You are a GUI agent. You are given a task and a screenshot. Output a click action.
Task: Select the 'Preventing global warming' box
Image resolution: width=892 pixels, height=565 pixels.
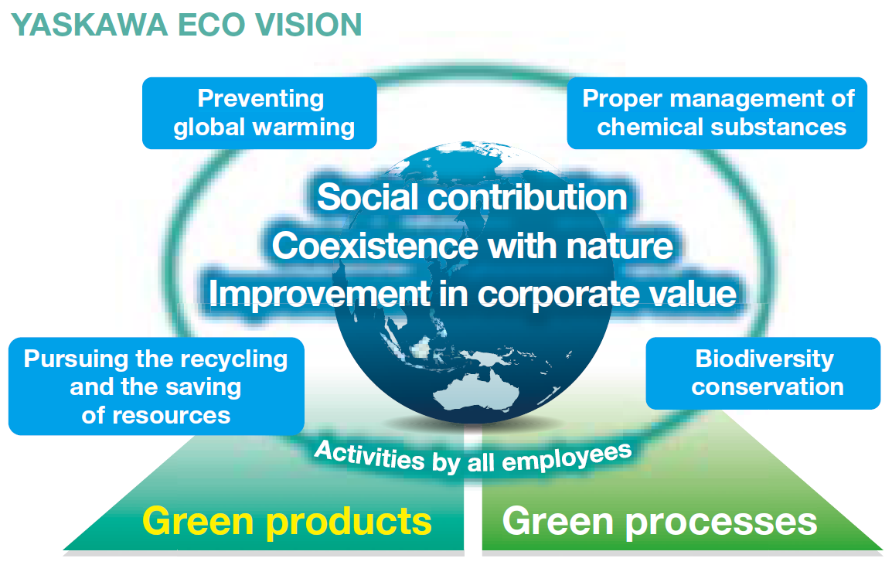click(260, 113)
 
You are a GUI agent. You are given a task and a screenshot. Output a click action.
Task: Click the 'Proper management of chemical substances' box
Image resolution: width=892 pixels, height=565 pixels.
click(717, 113)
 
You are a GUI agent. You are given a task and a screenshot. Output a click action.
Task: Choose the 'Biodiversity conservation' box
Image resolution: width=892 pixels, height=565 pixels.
click(763, 373)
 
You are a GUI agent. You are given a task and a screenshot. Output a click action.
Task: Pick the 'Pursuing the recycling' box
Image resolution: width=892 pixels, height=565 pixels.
click(155, 386)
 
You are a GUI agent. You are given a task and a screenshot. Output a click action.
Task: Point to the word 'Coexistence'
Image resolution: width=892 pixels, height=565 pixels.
click(375, 246)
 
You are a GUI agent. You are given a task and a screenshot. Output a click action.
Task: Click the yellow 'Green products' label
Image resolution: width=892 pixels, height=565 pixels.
click(287, 521)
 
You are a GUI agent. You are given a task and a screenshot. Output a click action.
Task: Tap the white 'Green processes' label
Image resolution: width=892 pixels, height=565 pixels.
click(659, 521)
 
